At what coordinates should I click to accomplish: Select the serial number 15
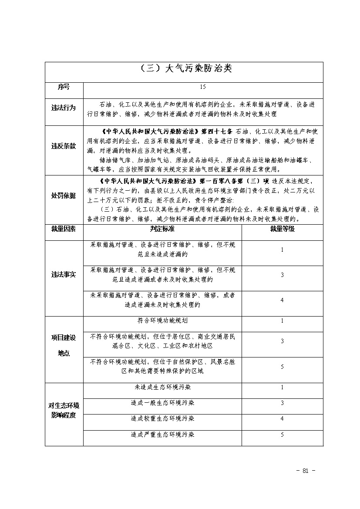tap(203, 87)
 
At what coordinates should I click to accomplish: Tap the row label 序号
tap(64, 87)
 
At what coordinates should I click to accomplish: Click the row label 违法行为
tap(64, 108)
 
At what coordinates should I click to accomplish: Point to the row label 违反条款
tap(64, 146)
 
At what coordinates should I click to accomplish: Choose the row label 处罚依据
tap(64, 196)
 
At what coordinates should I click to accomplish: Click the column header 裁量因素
tap(64, 229)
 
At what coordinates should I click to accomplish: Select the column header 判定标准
tap(162, 229)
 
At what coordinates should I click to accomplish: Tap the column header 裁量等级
tap(282, 229)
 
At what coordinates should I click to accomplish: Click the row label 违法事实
tap(64, 275)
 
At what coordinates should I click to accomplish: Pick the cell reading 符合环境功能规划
tap(162, 320)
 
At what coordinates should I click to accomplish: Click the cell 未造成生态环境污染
tap(162, 387)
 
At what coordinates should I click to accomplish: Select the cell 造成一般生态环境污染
tap(162, 403)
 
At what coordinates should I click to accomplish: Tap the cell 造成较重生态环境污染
tap(162, 418)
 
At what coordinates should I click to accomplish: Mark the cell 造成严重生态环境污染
tap(162, 435)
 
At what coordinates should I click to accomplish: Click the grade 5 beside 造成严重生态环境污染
tap(282, 435)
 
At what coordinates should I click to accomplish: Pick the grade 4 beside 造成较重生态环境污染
tap(282, 418)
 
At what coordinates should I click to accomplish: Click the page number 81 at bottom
tap(305, 470)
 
